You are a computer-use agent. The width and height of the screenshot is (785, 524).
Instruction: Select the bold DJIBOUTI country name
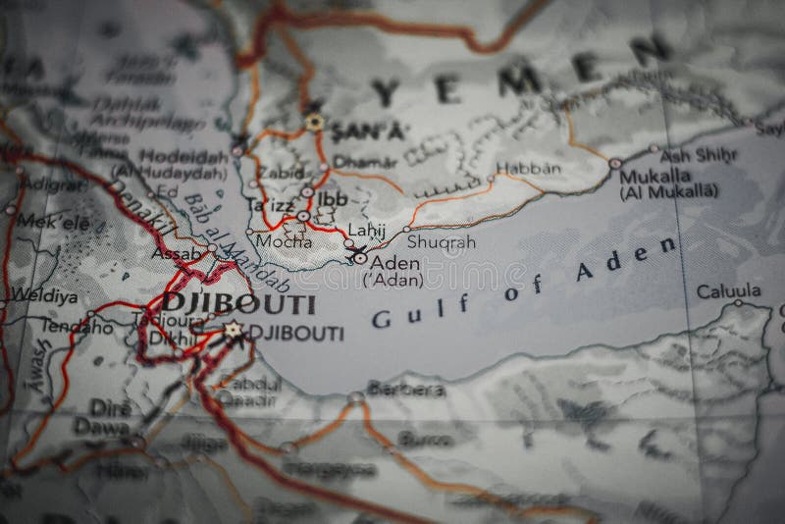(x=225, y=303)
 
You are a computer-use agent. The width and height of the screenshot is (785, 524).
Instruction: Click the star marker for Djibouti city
(x=234, y=331)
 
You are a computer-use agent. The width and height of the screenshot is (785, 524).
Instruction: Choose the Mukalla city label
(x=654, y=177)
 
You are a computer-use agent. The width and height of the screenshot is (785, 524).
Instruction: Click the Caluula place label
(x=728, y=291)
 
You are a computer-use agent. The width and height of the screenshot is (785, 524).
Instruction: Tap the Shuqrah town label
(x=441, y=241)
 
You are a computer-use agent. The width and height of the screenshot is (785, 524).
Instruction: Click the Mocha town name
(x=285, y=240)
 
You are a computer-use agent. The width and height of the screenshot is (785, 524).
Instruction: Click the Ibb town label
(x=334, y=199)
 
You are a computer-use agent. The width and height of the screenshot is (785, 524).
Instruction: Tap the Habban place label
(x=529, y=168)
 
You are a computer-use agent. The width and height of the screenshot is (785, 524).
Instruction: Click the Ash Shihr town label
(x=685, y=155)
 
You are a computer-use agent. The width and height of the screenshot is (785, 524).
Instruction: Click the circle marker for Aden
(x=360, y=258)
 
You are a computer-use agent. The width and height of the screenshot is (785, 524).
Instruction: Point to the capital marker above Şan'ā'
(x=314, y=122)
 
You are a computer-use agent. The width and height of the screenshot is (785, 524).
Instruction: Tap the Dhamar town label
(x=351, y=162)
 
